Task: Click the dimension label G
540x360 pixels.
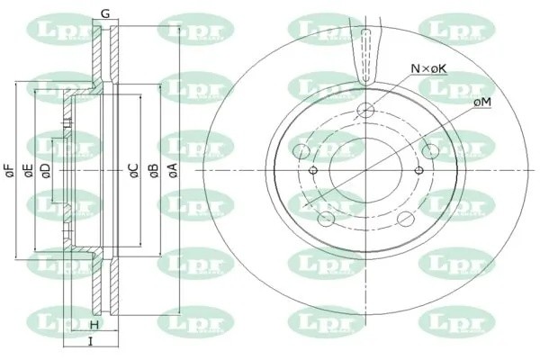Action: click(x=105, y=13)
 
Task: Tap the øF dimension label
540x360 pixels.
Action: click(x=8, y=170)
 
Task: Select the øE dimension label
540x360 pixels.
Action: click(x=28, y=170)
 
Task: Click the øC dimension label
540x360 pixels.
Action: click(x=132, y=170)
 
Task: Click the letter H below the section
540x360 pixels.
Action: click(x=93, y=325)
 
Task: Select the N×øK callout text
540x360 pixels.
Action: click(x=428, y=68)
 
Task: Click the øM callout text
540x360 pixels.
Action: click(x=481, y=104)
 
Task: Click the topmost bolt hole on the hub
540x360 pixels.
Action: click(x=365, y=111)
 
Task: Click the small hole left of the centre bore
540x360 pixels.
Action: click(x=313, y=171)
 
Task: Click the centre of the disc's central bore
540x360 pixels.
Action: click(x=365, y=171)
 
